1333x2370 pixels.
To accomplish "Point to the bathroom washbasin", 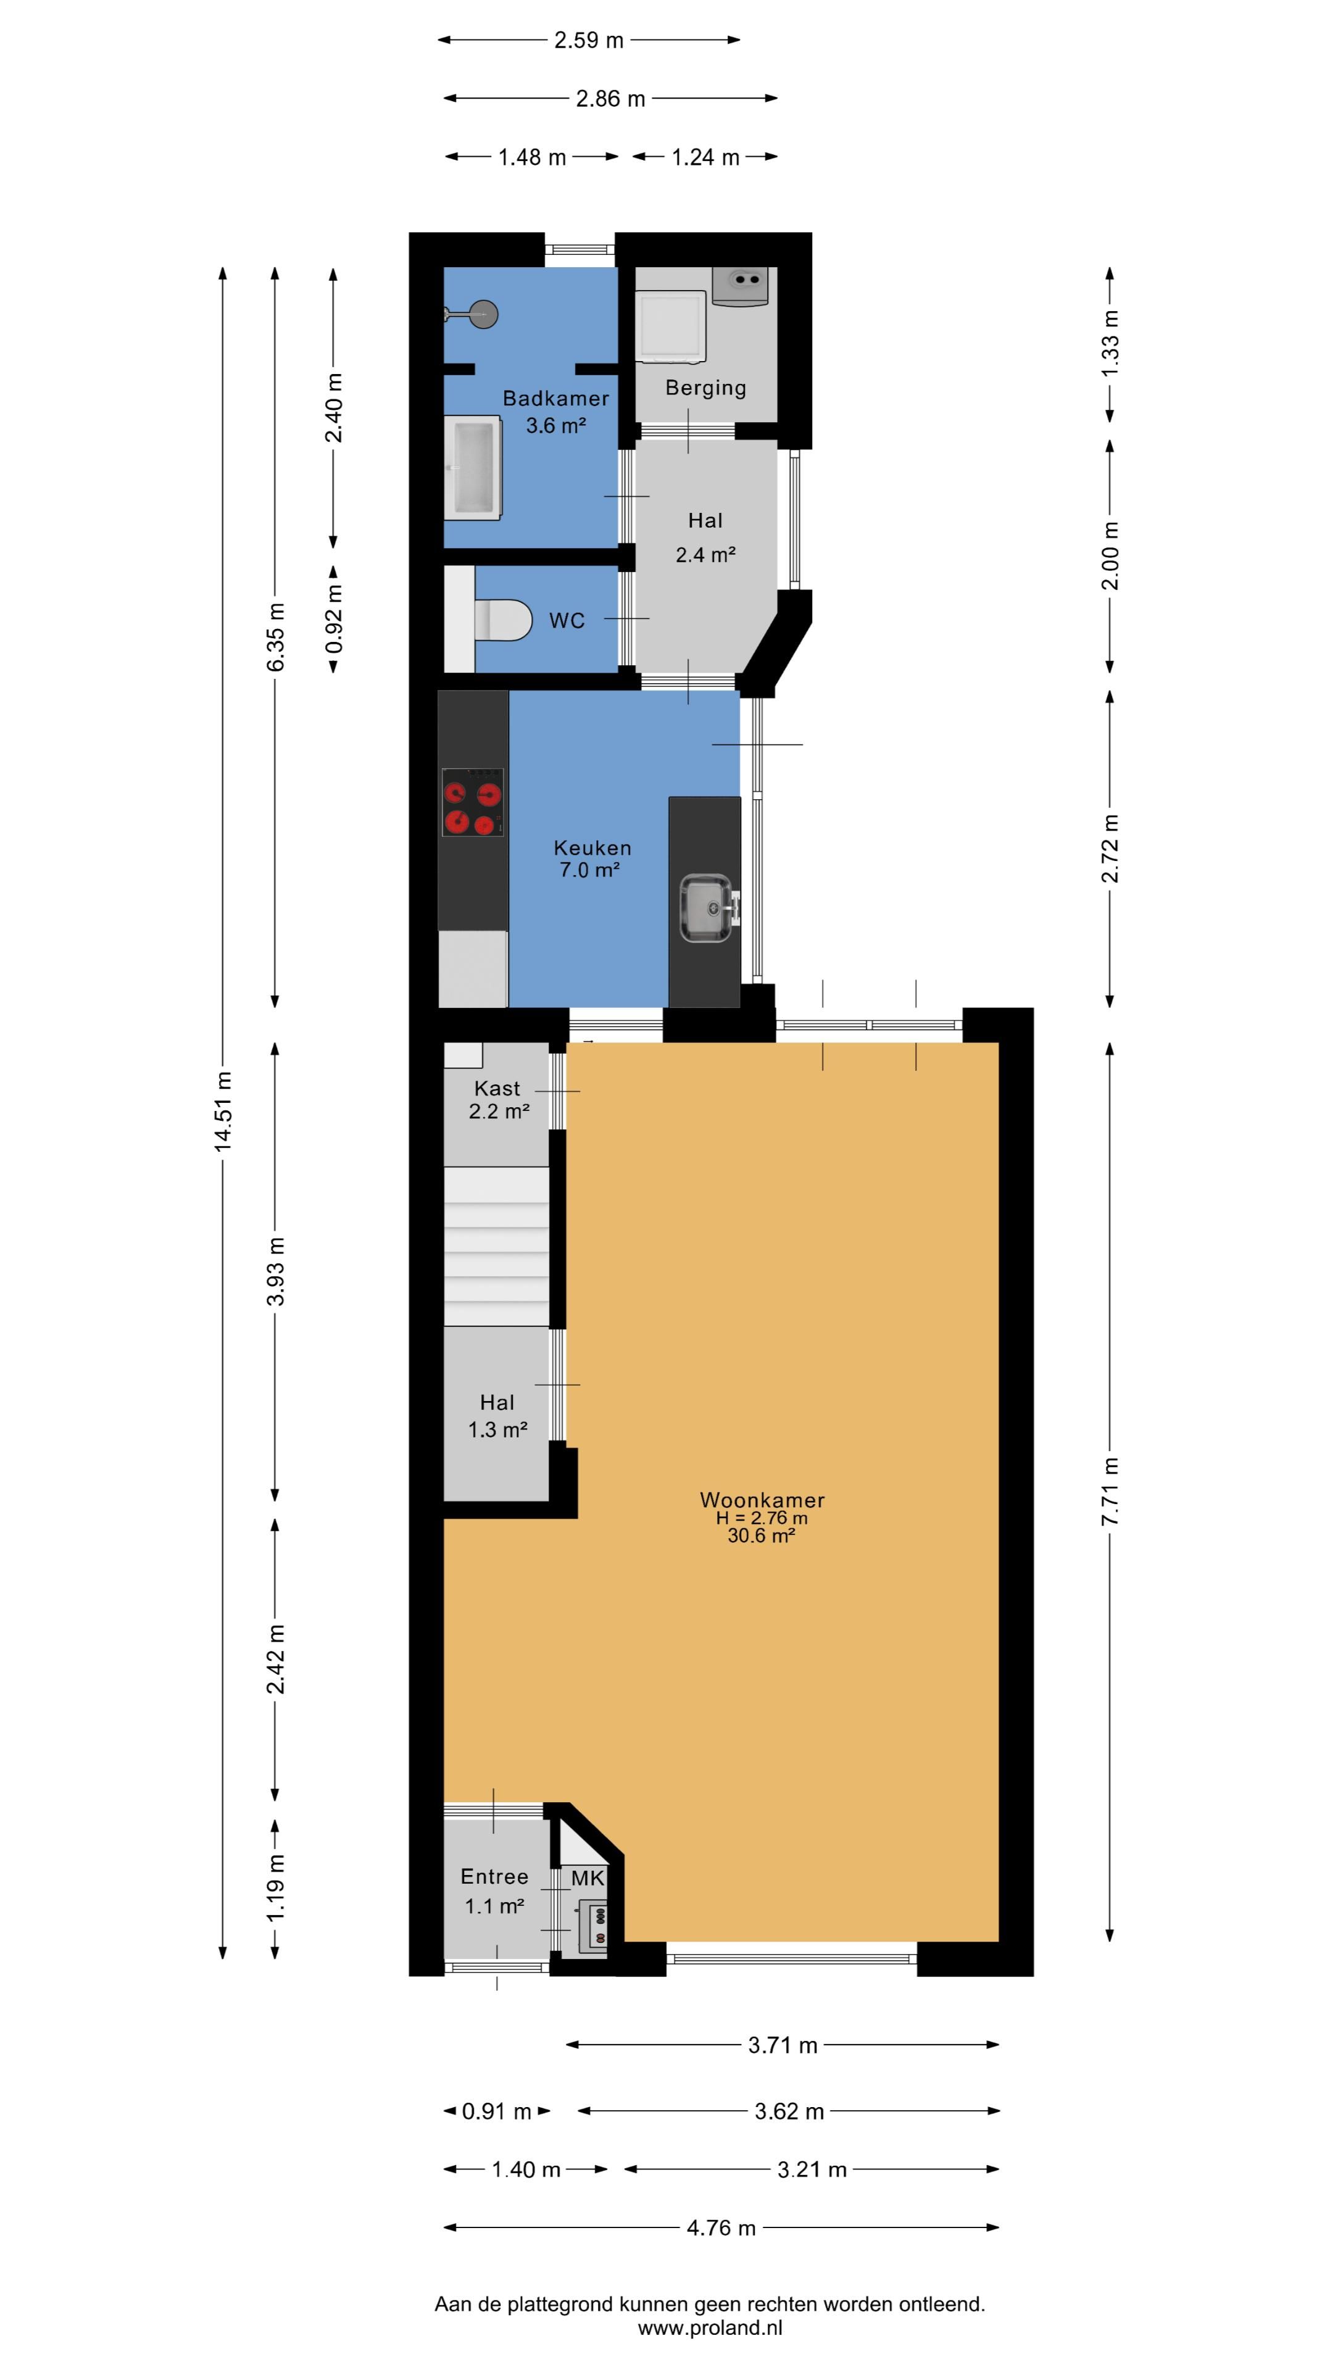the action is (x=473, y=467).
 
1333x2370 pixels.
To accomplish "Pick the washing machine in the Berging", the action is (x=671, y=326).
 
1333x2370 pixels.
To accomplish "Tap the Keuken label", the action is (x=592, y=848).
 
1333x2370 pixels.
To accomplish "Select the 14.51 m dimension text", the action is (x=223, y=1112).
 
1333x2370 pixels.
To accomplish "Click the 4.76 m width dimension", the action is (x=721, y=2227).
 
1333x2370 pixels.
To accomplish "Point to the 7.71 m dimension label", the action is (x=1110, y=1491).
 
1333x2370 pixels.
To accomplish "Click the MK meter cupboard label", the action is (x=588, y=1877).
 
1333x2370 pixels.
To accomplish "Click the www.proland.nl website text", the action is (x=710, y=2329).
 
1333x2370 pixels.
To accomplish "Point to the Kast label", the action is (x=497, y=1088).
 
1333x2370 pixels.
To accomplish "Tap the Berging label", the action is (x=705, y=388).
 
